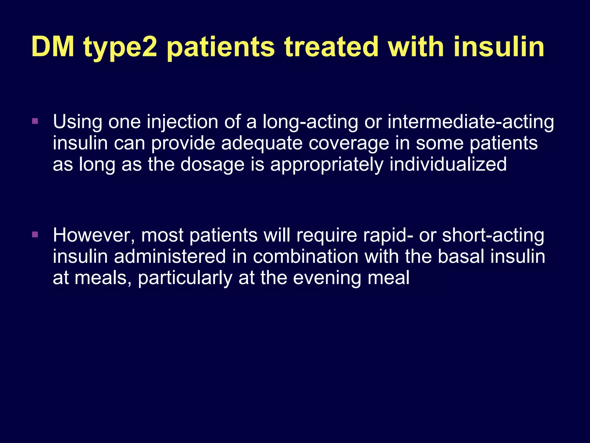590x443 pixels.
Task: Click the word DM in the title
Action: (53, 47)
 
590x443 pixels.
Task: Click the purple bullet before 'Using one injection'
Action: (35, 121)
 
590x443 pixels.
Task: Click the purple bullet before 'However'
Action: (35, 234)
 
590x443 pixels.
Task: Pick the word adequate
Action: (262, 143)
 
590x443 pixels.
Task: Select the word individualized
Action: (448, 164)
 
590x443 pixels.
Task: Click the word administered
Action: (170, 256)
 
